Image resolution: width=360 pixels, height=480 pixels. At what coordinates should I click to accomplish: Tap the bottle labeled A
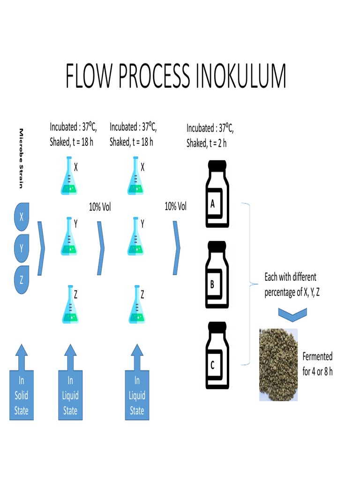217,194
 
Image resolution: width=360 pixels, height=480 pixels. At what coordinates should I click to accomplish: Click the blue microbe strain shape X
22,216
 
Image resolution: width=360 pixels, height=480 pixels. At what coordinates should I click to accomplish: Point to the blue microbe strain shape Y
22,247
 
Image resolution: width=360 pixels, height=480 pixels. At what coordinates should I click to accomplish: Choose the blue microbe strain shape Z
22,279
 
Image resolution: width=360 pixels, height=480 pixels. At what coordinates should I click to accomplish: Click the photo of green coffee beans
278,365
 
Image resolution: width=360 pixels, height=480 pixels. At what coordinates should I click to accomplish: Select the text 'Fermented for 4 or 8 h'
317,364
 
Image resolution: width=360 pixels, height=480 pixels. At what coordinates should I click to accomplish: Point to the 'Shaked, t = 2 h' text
206,143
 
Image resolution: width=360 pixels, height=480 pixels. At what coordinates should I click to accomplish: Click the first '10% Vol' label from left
100,207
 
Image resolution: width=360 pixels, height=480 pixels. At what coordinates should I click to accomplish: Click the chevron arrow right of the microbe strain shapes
42,247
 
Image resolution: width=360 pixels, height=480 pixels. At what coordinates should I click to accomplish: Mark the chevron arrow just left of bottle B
176,247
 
